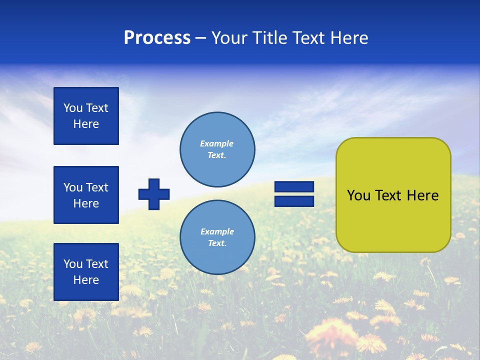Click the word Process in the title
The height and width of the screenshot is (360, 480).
coord(157,38)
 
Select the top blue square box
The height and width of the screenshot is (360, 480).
coord(86,116)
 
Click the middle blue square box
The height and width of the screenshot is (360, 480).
coord(86,195)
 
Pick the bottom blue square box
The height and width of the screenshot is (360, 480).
coord(86,272)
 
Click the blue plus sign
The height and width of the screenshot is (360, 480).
coord(154,194)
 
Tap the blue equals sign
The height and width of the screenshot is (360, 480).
coord(294,194)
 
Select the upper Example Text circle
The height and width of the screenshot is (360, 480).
coord(217,149)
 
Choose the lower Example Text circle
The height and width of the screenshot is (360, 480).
coord(217,237)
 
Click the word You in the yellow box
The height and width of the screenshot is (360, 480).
coord(358,195)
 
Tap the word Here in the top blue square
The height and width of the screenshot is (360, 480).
coord(86,124)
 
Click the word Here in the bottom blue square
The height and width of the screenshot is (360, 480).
coord(86,280)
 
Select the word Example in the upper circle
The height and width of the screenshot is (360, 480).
coord(217,143)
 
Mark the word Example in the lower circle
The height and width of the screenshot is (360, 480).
coord(217,231)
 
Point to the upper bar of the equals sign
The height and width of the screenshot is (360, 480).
coord(294,187)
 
